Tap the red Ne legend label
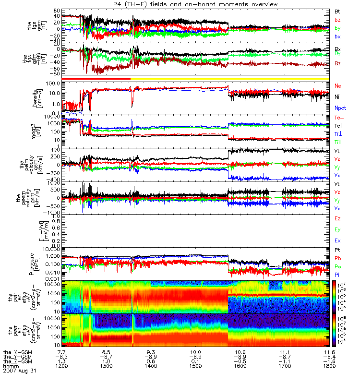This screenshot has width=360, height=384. click(x=337, y=85)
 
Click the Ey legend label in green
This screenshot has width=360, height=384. click(x=338, y=229)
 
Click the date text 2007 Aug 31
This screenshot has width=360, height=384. click(x=19, y=371)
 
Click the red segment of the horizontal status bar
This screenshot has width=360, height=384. click(x=96, y=78)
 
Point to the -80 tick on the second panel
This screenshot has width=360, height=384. click(x=55, y=74)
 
